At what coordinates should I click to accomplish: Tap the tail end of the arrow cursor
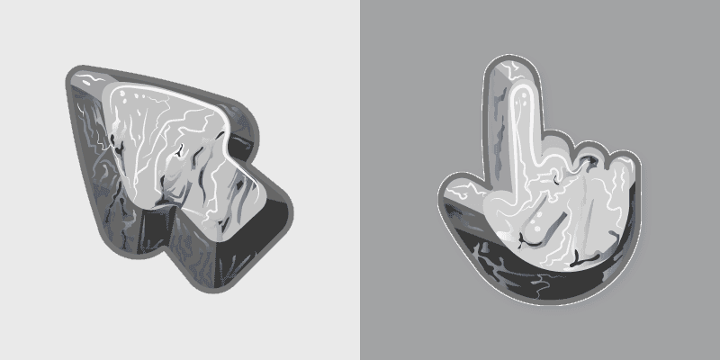(x=270, y=225)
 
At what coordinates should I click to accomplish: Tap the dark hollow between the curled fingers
(x=589, y=162)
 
